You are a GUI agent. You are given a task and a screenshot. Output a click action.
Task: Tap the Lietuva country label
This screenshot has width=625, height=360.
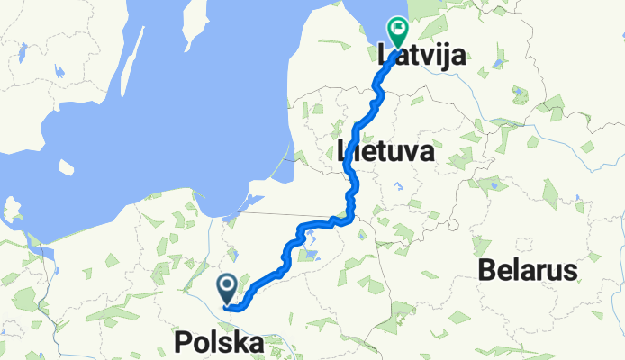click(385, 151)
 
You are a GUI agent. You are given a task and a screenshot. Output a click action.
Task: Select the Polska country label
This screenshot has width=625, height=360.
click(221, 344)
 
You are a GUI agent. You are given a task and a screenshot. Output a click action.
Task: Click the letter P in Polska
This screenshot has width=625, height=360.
click(183, 344)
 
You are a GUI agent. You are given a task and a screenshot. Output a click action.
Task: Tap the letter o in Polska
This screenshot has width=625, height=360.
click(200, 345)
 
